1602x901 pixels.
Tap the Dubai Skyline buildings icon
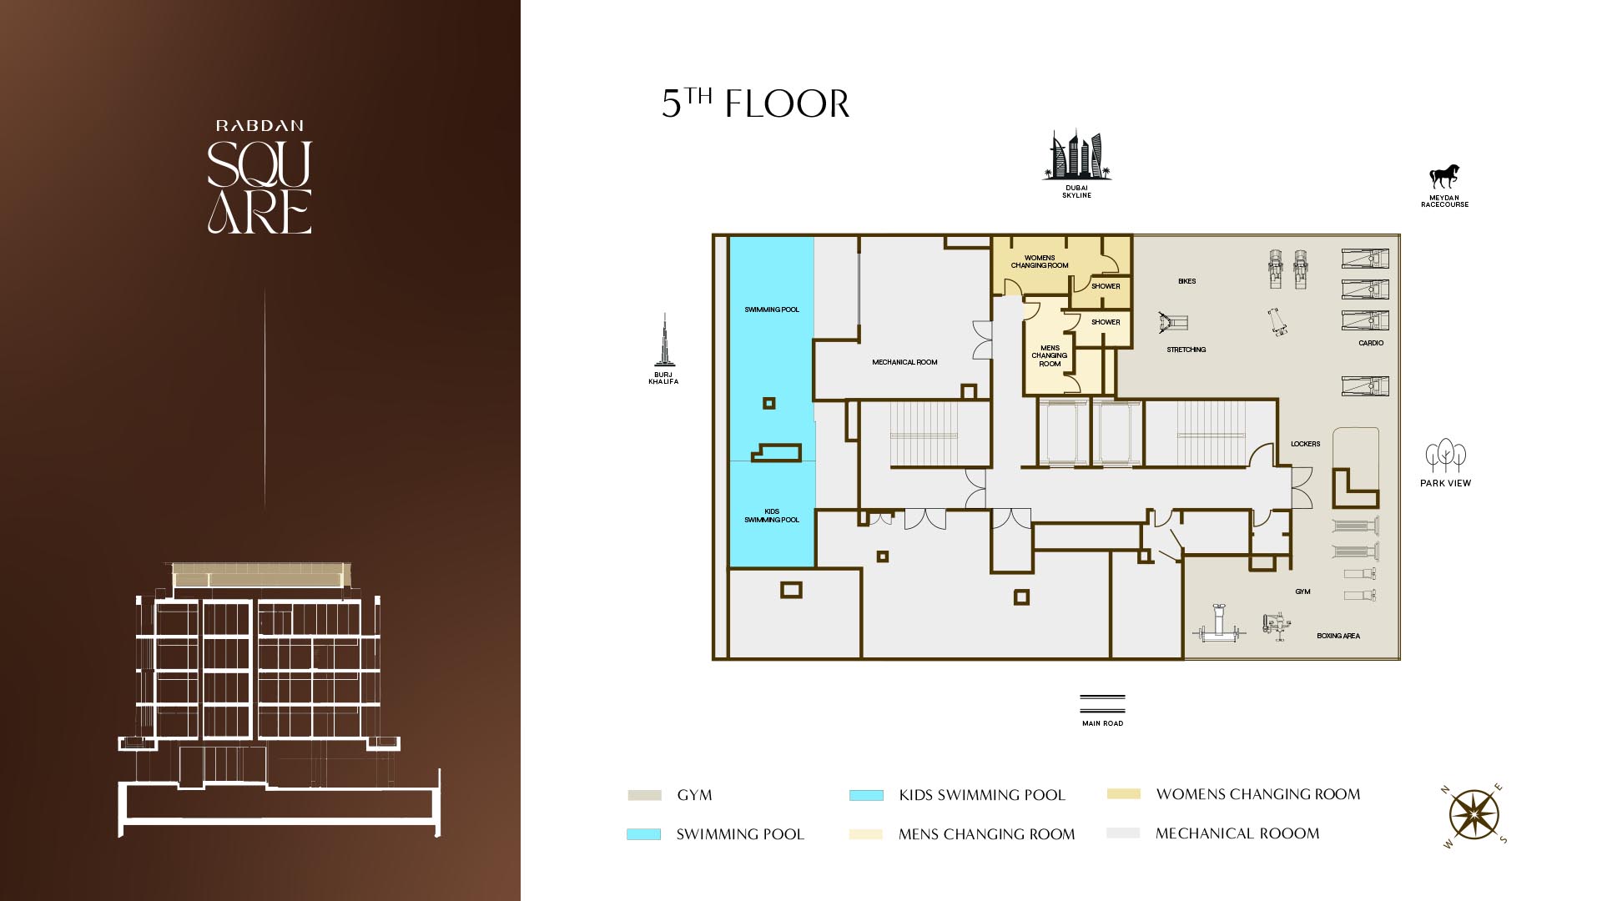tap(1076, 155)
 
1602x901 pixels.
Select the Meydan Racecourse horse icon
tap(1445, 176)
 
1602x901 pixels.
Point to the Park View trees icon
tap(1446, 456)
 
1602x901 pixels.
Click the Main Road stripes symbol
tap(1102, 704)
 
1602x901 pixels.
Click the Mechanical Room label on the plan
tap(904, 362)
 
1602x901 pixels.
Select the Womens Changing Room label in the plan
tap(1040, 261)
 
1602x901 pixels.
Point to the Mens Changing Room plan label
tap(1050, 355)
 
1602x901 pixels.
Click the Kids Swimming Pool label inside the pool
tap(772, 516)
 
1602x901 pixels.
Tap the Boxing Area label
tap(1338, 636)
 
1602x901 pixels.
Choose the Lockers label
tap(1305, 444)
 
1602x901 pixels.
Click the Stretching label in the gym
tap(1186, 350)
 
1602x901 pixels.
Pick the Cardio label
tap(1371, 343)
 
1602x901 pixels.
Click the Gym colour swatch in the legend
tap(644, 796)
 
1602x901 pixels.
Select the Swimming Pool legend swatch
tap(643, 834)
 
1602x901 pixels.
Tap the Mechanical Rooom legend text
tap(1237, 833)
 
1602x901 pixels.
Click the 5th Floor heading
tap(755, 103)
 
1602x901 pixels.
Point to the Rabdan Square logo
tap(259, 177)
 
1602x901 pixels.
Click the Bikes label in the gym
tap(1186, 281)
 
